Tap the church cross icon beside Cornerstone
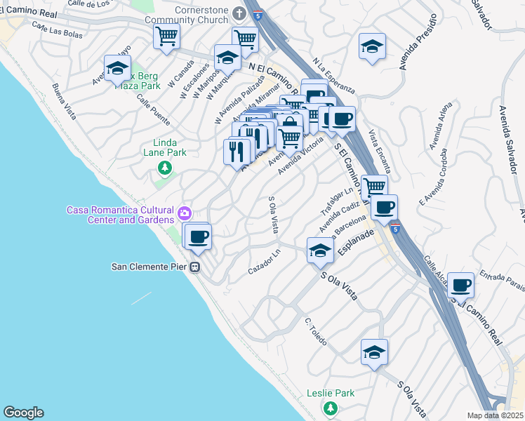click(239, 13)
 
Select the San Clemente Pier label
click(152, 267)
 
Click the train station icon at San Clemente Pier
click(197, 267)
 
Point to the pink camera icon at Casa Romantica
click(185, 213)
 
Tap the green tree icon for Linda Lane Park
click(165, 168)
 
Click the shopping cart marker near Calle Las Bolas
click(166, 36)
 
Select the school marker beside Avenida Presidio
click(371, 48)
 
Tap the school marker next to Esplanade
click(320, 250)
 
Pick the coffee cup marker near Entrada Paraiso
click(460, 286)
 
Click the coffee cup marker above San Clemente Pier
click(199, 236)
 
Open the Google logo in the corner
click(23, 412)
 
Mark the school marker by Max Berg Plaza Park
click(117, 69)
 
